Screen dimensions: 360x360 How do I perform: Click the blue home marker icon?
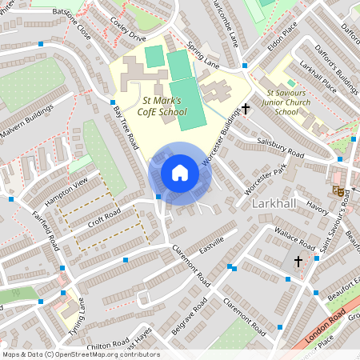tap(180, 173)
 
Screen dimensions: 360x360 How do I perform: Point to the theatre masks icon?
tap(340, 191)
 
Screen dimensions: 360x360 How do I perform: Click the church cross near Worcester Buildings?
tap(246, 108)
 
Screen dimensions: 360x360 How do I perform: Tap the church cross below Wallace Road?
tap(298, 261)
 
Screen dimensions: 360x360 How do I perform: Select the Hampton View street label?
tap(66, 192)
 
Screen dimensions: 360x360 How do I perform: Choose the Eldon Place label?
tap(282, 37)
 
